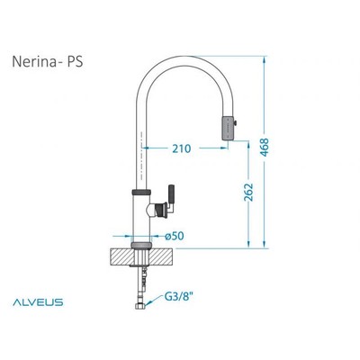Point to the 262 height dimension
[248, 193]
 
